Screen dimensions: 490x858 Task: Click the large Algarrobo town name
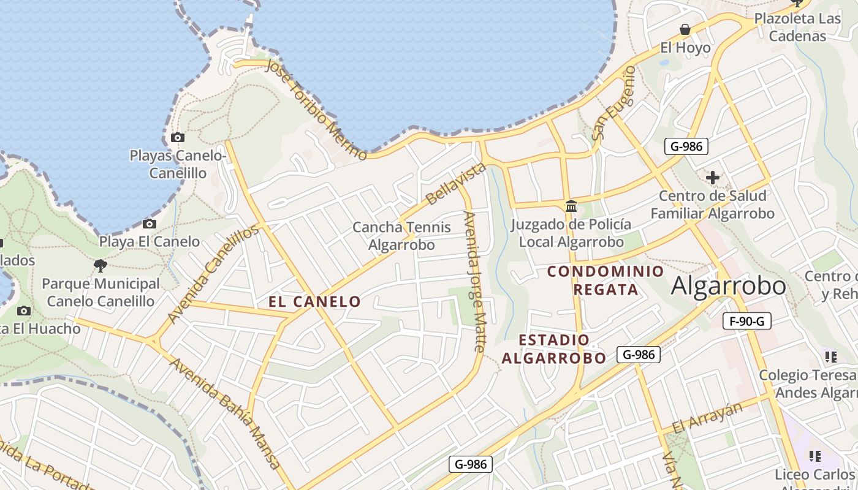(x=728, y=286)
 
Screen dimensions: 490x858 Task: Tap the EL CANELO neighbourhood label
(x=314, y=301)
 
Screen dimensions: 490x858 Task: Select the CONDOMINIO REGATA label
(x=606, y=280)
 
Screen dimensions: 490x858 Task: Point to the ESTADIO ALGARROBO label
(x=554, y=349)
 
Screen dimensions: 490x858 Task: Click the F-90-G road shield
(x=746, y=321)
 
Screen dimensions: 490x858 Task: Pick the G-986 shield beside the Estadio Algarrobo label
(x=638, y=354)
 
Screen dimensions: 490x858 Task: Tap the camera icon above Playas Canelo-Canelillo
(x=178, y=137)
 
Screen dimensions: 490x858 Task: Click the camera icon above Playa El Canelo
(x=149, y=224)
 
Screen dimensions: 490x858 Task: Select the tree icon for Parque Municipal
(x=101, y=266)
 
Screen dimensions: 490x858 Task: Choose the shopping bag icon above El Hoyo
(x=685, y=29)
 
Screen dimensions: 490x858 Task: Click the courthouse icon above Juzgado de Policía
(x=571, y=206)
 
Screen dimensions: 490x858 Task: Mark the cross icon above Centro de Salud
(x=712, y=178)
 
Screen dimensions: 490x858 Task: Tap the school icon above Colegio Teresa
(x=831, y=356)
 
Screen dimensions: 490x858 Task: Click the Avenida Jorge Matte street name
(x=475, y=281)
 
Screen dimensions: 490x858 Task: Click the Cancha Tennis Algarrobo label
(x=401, y=236)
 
